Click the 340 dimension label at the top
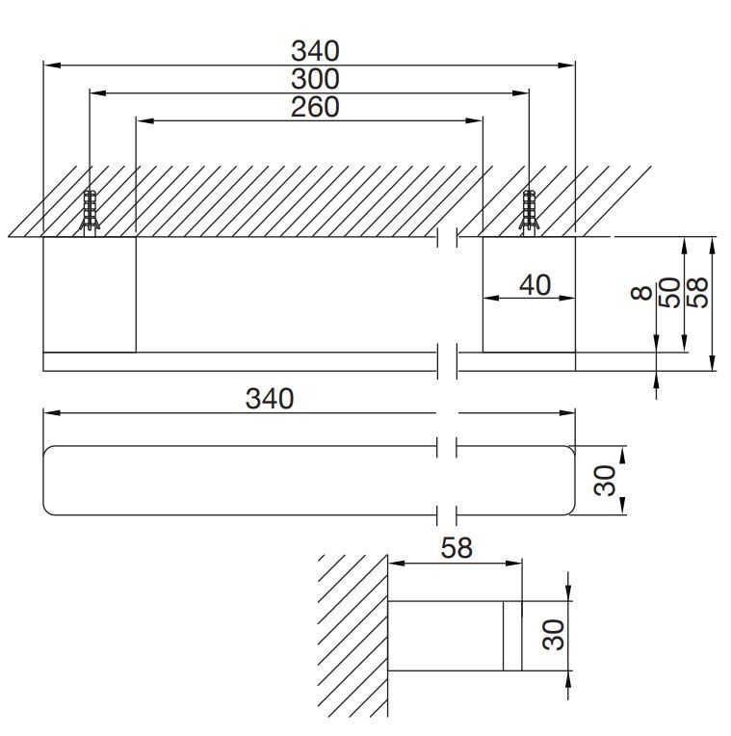point(315,51)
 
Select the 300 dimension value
point(315,79)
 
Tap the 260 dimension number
point(315,107)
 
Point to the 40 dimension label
point(535,285)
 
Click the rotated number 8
point(641,293)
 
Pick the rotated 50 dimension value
point(669,293)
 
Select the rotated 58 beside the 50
point(697,293)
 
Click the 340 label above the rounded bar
point(270,399)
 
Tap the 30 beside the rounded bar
point(604,481)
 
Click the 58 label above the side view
point(457,548)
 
